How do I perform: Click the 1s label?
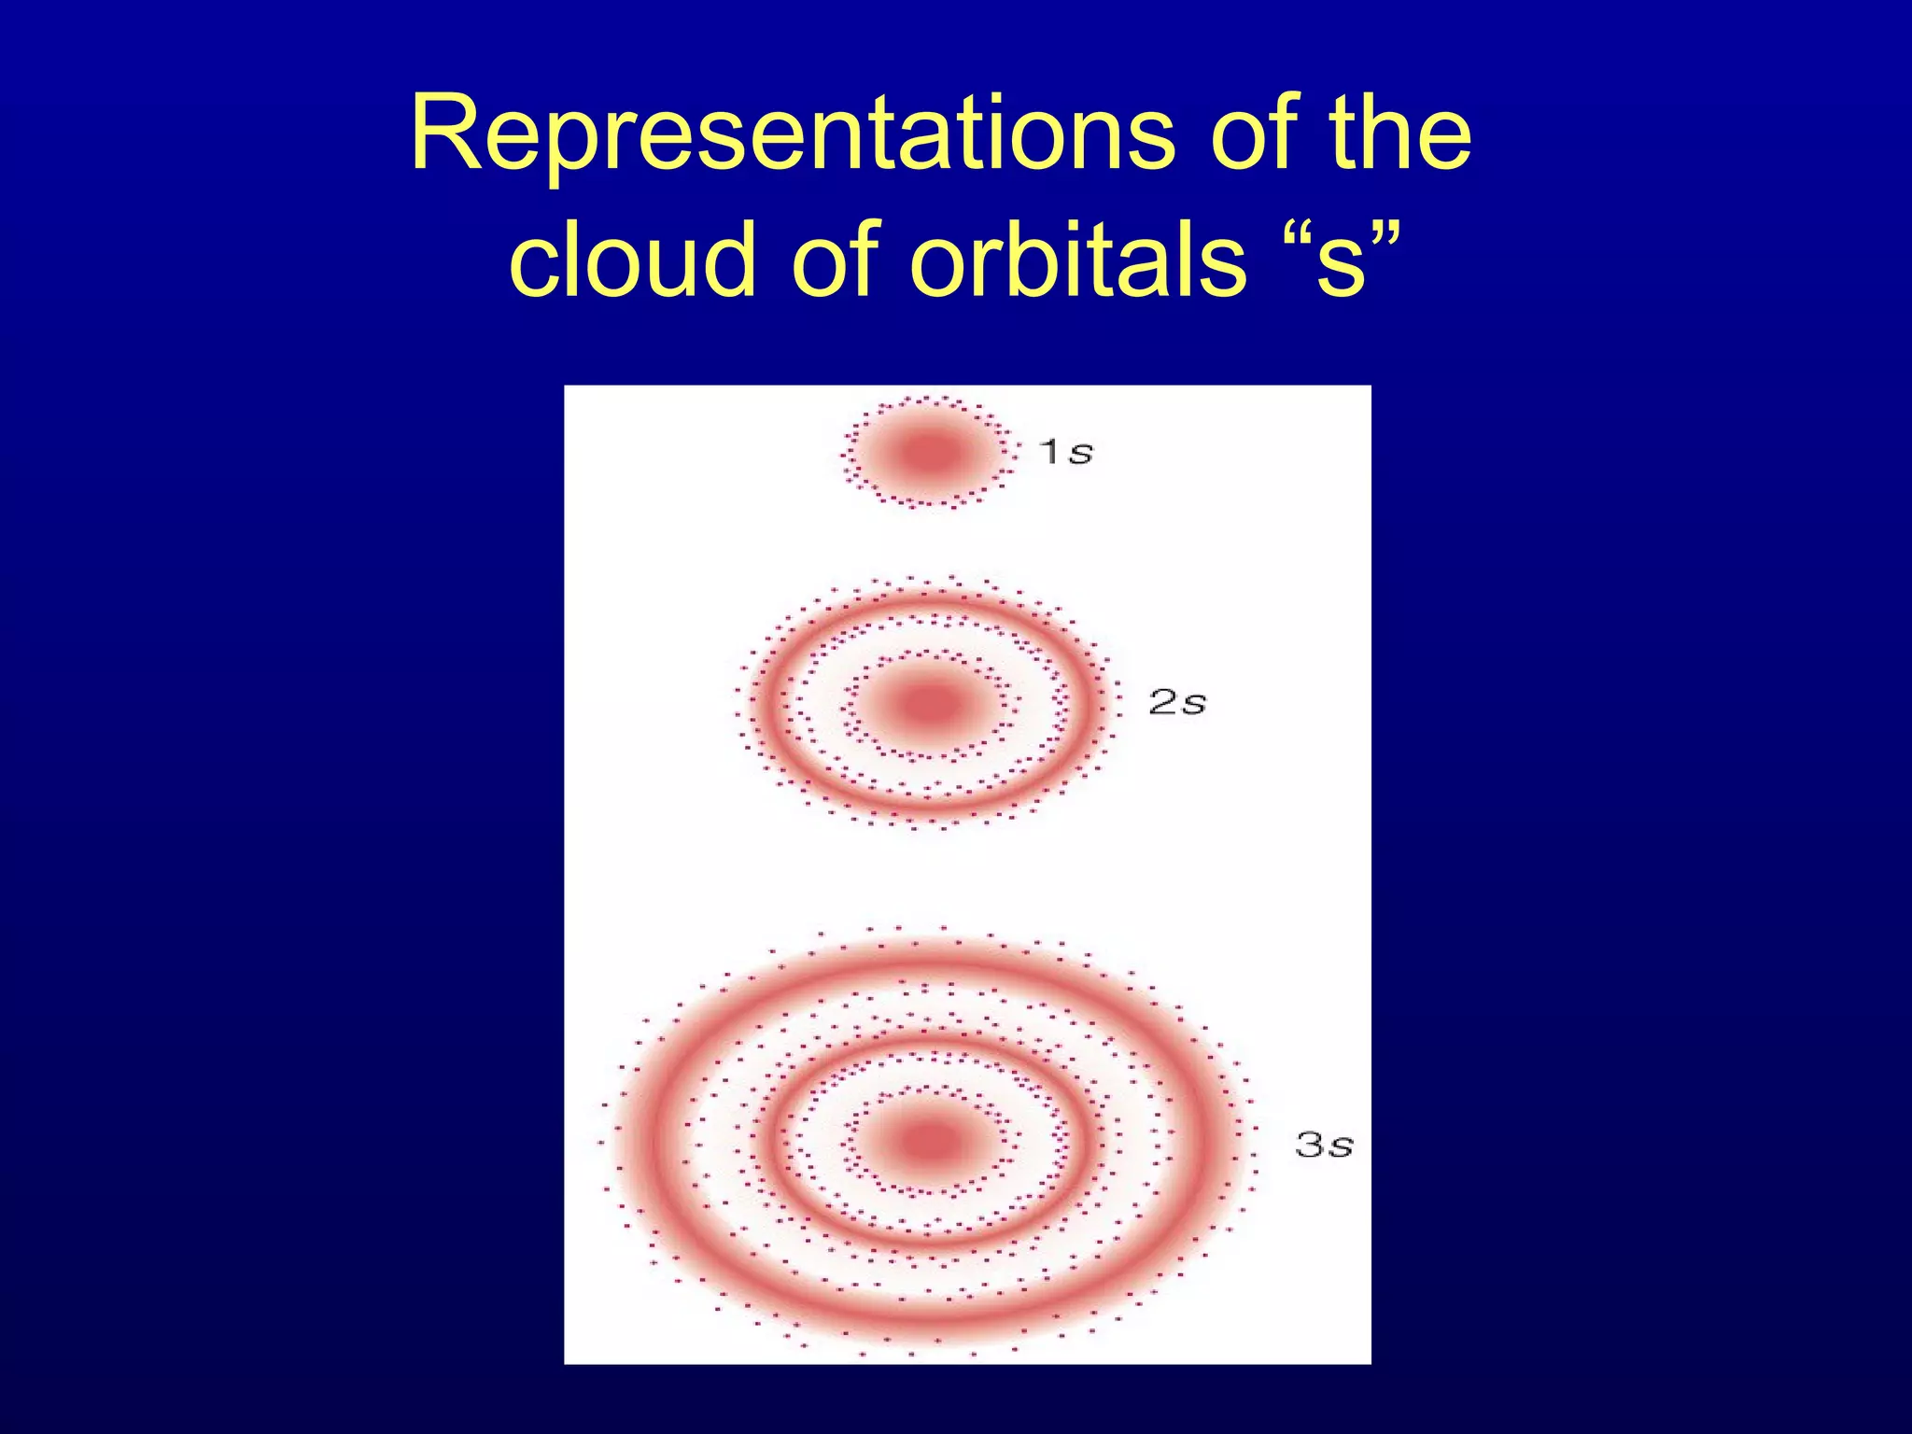tap(1065, 452)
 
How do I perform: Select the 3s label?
tap(1323, 1145)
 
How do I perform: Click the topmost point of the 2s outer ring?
tap(930, 600)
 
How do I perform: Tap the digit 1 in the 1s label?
tap(1049, 452)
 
